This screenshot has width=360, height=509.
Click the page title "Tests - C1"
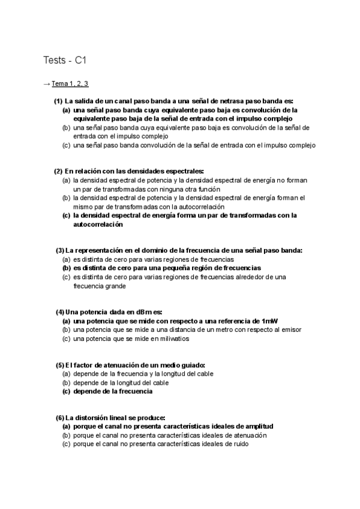click(67, 60)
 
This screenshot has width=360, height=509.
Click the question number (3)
click(59, 250)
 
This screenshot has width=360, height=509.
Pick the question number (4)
click(59, 312)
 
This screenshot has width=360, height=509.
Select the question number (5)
click(59, 365)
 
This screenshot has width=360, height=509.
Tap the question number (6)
click(59, 418)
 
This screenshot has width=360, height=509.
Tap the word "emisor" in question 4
click(292, 330)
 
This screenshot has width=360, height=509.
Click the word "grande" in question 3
click(115, 286)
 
